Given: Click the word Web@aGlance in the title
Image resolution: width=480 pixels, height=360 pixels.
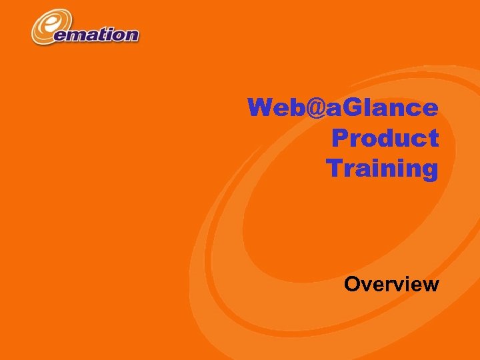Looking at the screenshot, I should click(x=343, y=107).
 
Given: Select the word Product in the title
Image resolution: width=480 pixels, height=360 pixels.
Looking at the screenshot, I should click(x=385, y=138).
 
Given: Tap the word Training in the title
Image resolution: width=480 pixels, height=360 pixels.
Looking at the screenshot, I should click(x=383, y=168).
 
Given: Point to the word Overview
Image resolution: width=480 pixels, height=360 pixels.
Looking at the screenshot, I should click(x=391, y=285).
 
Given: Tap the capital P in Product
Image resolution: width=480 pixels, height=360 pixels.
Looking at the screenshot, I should click(x=339, y=138).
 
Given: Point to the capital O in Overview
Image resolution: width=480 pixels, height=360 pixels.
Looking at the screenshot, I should click(x=353, y=285).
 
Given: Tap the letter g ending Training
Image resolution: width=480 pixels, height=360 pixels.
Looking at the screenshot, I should click(x=429, y=170).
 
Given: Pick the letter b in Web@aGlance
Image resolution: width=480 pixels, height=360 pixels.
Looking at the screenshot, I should click(x=293, y=107).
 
